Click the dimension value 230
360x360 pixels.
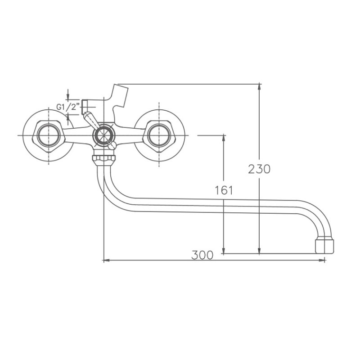(259, 169)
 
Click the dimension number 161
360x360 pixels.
(224, 190)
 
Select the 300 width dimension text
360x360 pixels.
(202, 255)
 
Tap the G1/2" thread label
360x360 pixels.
(68, 107)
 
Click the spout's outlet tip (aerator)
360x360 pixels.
(324, 246)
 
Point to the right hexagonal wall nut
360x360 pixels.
(159, 135)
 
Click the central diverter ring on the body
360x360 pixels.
(103, 135)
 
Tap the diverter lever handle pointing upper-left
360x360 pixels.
(90, 119)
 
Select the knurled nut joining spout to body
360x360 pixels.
(103, 158)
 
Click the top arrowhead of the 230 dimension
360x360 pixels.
(259, 87)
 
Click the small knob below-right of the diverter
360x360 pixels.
(112, 144)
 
